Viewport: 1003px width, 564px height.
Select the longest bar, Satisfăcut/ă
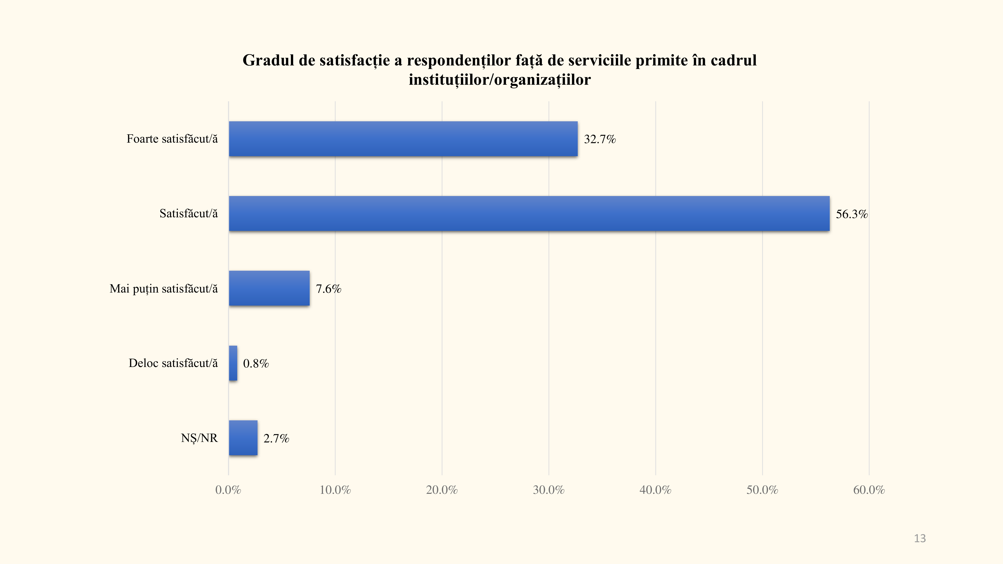(x=529, y=214)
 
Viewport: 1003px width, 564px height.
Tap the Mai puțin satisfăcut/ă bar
(x=269, y=289)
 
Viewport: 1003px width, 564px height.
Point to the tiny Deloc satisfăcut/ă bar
(x=233, y=363)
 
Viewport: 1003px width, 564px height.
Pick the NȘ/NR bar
(x=243, y=438)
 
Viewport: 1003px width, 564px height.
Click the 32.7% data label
(x=600, y=139)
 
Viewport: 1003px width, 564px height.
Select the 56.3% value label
(x=852, y=214)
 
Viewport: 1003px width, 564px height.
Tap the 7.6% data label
(x=328, y=289)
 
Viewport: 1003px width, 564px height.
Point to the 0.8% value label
(x=256, y=363)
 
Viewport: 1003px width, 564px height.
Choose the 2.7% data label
(x=276, y=438)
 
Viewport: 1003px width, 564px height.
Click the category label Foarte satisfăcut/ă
(x=172, y=139)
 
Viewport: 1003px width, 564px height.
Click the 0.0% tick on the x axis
(x=228, y=490)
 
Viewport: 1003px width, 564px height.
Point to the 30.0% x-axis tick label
(x=549, y=490)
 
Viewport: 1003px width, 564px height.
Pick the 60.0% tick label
(x=869, y=490)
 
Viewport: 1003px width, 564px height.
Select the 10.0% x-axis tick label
(x=335, y=490)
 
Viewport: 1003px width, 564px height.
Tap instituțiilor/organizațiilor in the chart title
(x=499, y=80)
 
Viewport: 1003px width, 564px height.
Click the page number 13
(x=920, y=538)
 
